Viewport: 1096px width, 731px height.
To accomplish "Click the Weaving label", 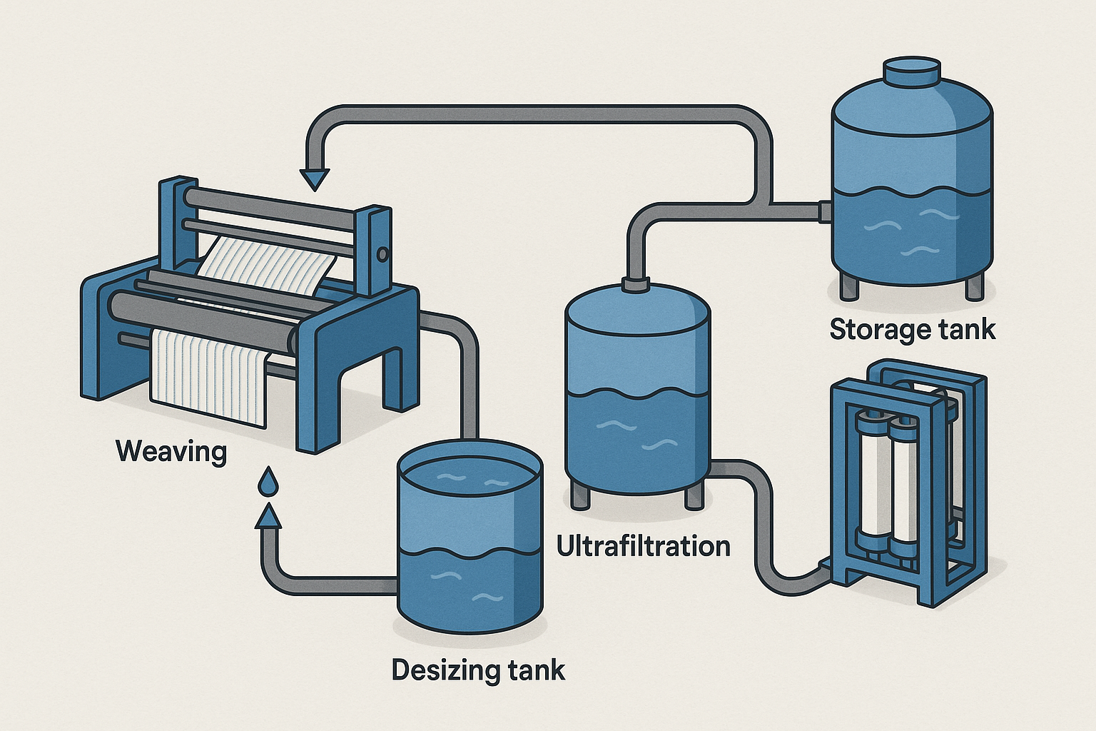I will [x=171, y=451].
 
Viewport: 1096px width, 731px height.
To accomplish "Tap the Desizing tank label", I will [x=478, y=670].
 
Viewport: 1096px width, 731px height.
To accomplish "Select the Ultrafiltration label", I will [x=643, y=546].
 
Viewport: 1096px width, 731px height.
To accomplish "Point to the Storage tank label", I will [x=912, y=329].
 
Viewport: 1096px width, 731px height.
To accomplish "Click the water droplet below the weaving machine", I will [x=268, y=483].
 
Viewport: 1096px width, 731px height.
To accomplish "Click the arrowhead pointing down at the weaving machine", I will [x=313, y=178].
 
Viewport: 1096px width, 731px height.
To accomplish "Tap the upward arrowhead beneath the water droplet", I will [x=268, y=516].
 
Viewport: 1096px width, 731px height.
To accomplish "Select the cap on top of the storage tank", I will [x=912, y=71].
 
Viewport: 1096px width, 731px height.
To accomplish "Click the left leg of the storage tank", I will [x=849, y=286].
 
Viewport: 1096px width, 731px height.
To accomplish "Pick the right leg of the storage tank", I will [x=974, y=287].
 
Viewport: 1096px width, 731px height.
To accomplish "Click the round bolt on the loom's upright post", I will [x=382, y=253].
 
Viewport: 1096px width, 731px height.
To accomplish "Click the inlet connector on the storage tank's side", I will [x=825, y=211].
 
